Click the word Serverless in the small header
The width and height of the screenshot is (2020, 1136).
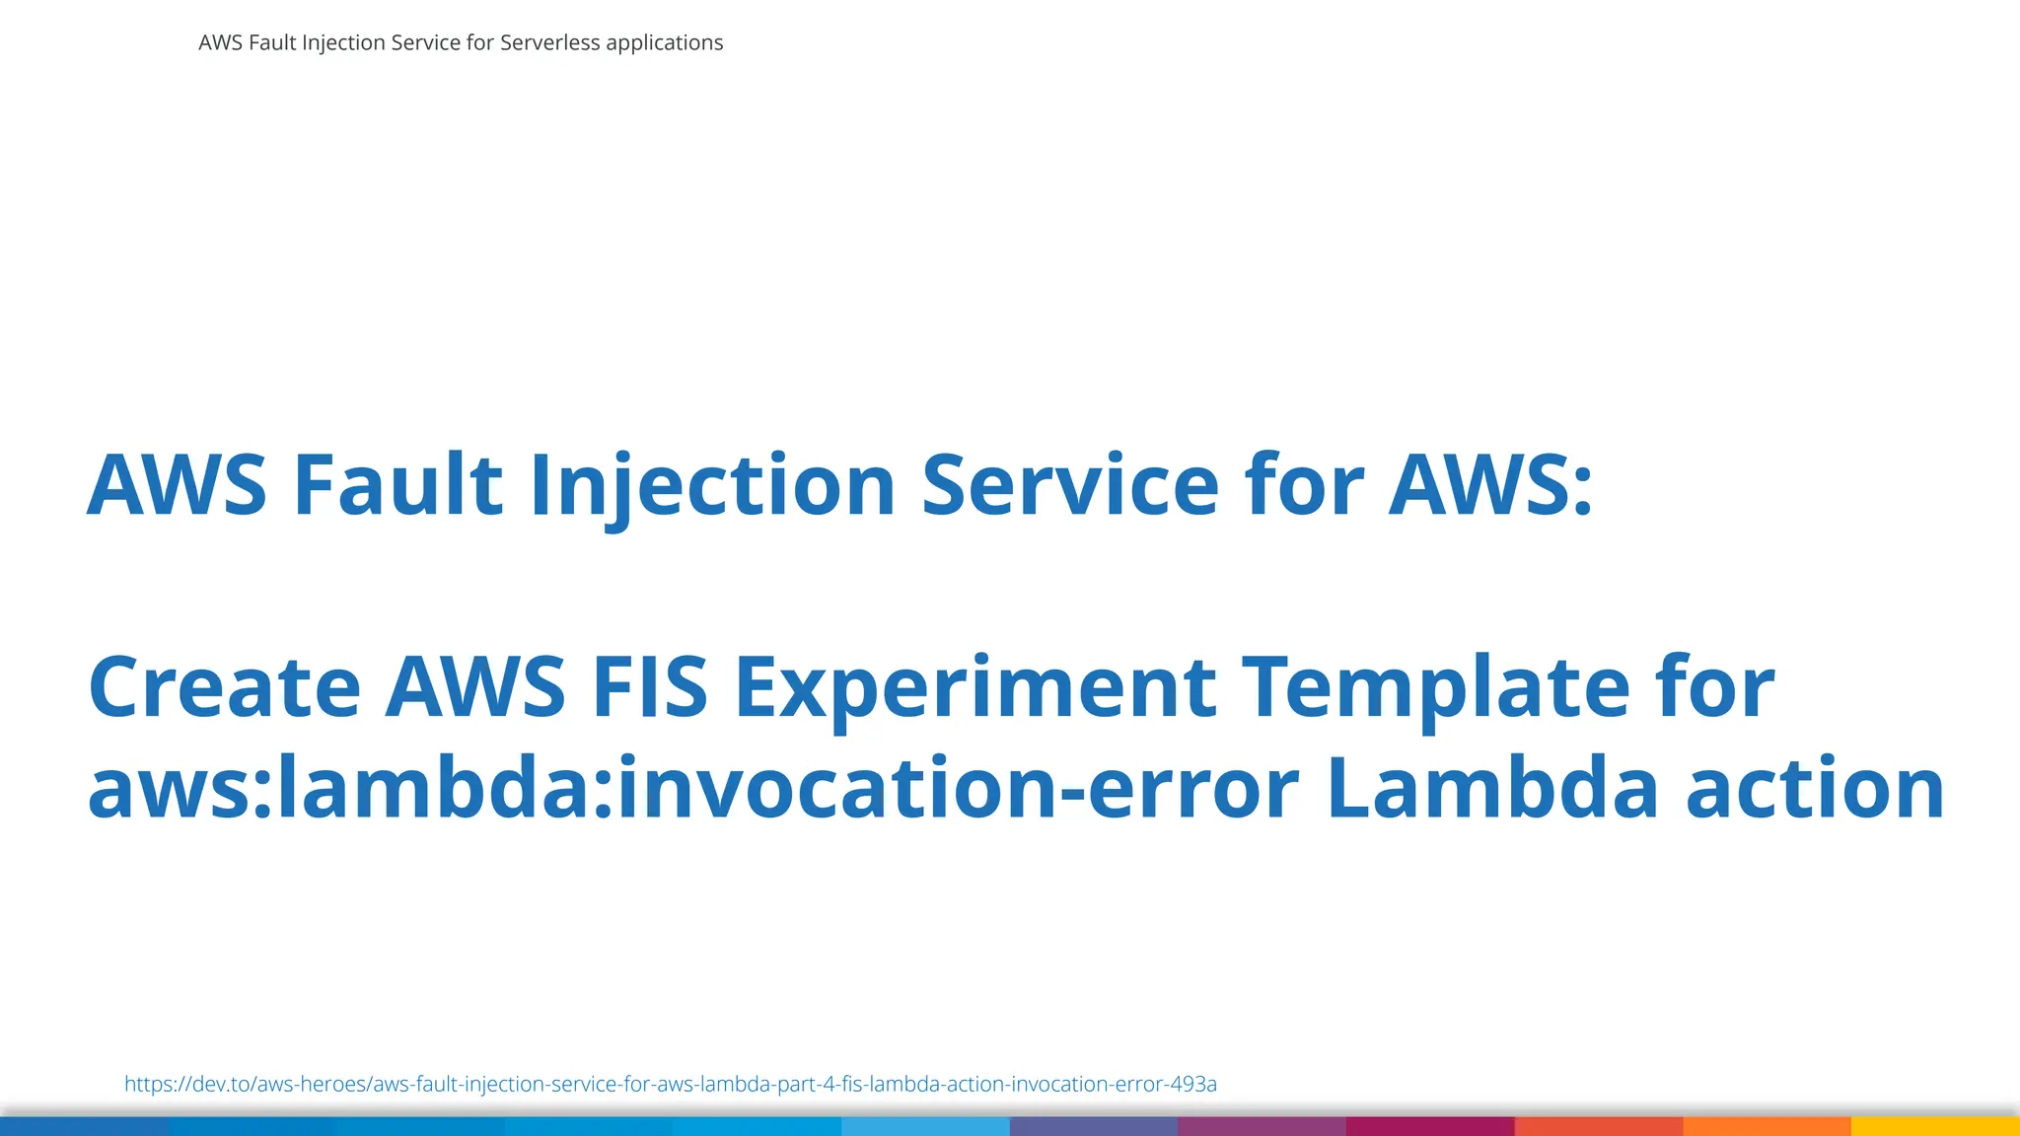[549, 42]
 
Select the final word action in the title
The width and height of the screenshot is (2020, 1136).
[1815, 788]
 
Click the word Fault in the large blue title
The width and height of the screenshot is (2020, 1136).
[398, 484]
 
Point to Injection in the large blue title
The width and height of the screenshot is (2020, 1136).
[712, 484]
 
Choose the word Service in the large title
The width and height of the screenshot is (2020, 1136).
[1070, 484]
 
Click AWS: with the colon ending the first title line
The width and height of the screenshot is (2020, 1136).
[1490, 484]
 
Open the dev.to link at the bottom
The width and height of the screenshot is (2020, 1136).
[671, 1084]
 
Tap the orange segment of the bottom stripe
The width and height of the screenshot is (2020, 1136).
[1767, 1126]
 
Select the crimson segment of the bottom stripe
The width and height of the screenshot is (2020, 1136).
[1430, 1126]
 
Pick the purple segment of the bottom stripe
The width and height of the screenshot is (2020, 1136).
[1262, 1126]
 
